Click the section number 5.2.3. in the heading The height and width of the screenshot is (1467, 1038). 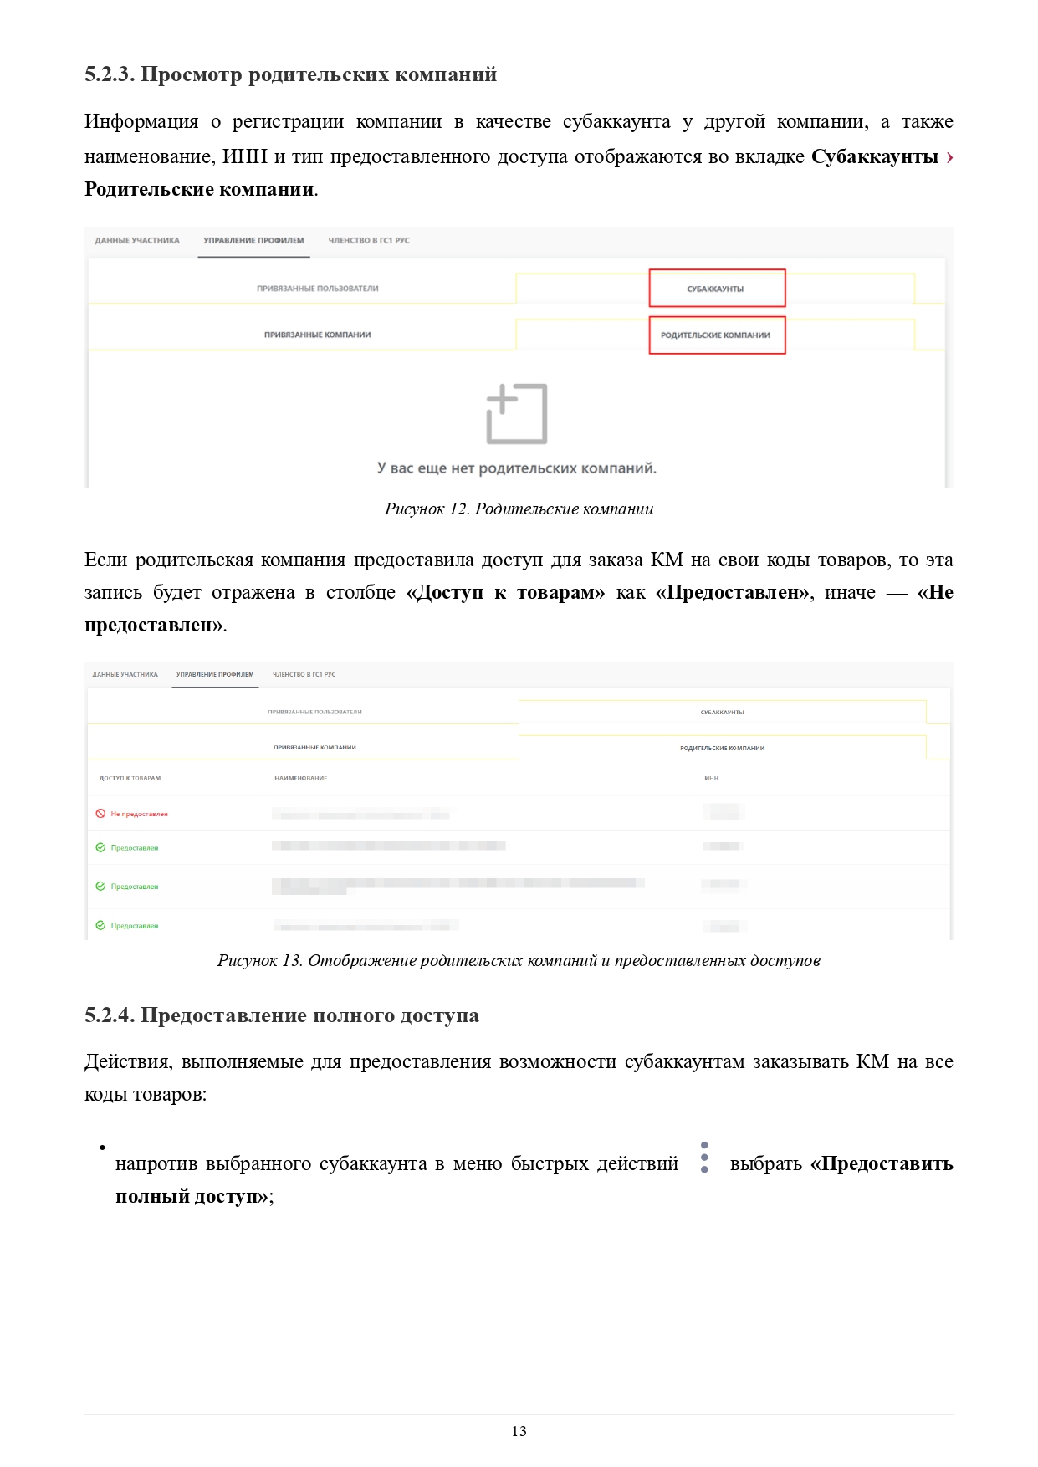110,74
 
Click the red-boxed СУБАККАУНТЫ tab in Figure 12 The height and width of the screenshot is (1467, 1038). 716,289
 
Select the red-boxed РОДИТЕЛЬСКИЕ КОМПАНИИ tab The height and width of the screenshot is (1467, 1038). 716,335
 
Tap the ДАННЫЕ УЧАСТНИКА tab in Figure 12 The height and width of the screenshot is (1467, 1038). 137,241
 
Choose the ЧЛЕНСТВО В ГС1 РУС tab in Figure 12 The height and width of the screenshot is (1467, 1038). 369,241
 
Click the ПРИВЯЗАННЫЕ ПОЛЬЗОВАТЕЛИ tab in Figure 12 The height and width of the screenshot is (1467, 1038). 318,289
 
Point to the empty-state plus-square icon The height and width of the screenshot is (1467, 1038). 516,414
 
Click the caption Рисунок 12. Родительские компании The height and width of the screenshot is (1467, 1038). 519,509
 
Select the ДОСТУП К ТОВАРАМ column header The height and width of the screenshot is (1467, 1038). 130,779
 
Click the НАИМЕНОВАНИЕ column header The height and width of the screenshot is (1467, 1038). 301,779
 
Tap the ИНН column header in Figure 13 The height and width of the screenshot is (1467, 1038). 712,779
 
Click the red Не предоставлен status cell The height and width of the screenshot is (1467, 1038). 139,814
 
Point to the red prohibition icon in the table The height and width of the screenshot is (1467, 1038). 100,814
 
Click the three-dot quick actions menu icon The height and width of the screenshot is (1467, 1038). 704,1158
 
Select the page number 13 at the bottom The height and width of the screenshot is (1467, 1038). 519,1431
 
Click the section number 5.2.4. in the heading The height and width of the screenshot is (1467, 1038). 110,1015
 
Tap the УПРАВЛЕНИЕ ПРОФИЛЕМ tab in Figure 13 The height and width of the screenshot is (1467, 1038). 215,675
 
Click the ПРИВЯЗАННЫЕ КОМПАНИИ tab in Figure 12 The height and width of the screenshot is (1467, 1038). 318,335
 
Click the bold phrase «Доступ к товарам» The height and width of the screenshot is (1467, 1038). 505,592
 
